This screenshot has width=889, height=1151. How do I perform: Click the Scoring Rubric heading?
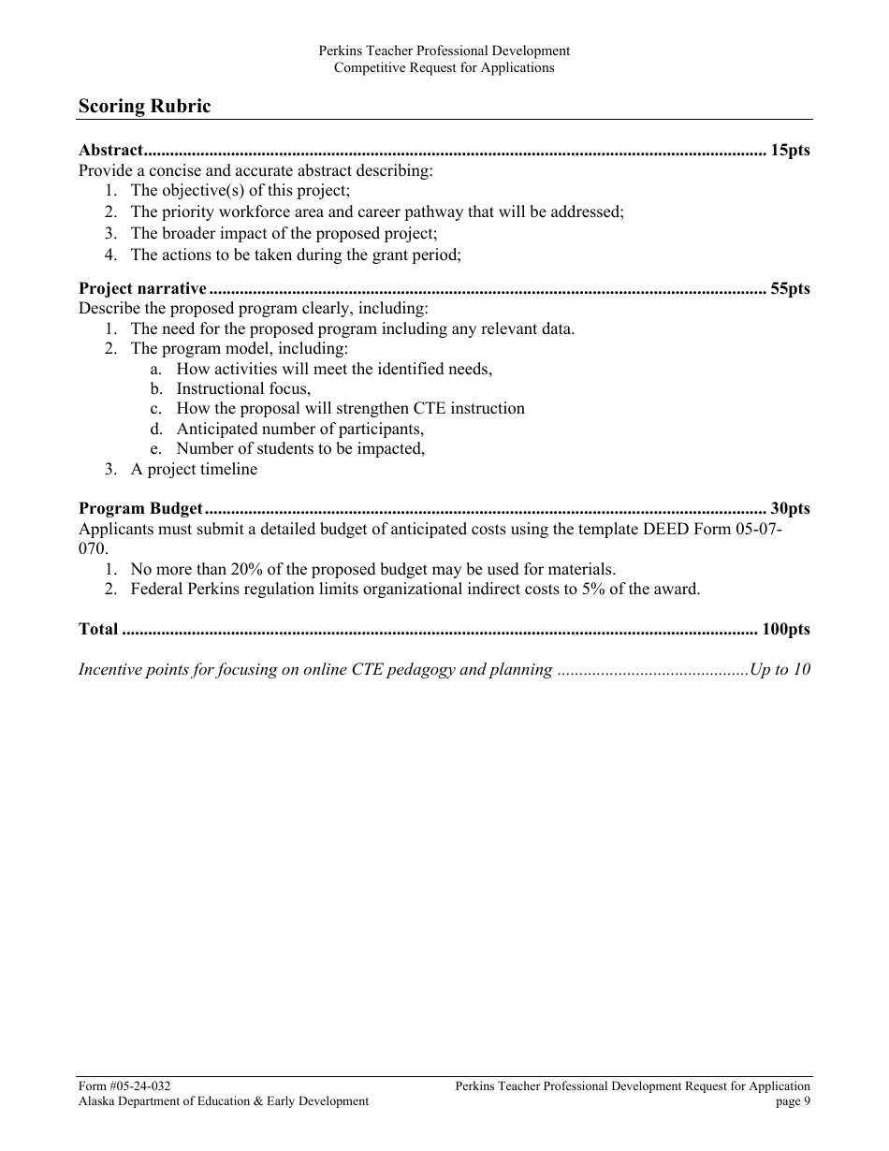(144, 106)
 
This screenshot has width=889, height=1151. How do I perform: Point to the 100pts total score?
(785, 629)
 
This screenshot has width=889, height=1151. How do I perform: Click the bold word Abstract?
(110, 150)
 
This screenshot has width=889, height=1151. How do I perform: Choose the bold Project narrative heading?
(142, 288)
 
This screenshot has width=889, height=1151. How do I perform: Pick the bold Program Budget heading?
(140, 509)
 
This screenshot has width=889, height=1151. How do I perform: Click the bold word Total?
(98, 629)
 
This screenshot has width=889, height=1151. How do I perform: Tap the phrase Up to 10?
(780, 669)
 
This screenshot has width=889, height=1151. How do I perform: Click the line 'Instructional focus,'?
(243, 388)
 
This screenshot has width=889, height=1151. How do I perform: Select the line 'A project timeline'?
(194, 469)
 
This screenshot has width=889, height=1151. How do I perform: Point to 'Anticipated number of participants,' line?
(299, 429)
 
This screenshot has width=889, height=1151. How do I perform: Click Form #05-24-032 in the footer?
(124, 1086)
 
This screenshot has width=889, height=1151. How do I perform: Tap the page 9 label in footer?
(793, 1101)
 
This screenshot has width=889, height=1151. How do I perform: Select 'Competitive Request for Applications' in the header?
(444, 67)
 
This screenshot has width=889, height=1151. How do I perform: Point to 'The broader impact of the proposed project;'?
(284, 233)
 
